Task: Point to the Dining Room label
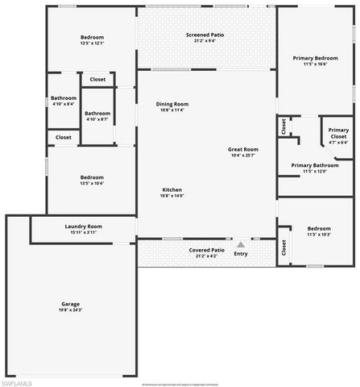click(x=172, y=103)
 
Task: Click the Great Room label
click(x=242, y=149)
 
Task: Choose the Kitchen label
click(x=172, y=189)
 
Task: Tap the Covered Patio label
click(x=207, y=249)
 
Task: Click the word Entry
click(x=241, y=254)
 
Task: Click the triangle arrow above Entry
click(x=240, y=243)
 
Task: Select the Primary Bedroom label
click(x=315, y=58)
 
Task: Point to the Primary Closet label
click(x=338, y=132)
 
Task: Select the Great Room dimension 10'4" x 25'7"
click(x=242, y=156)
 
